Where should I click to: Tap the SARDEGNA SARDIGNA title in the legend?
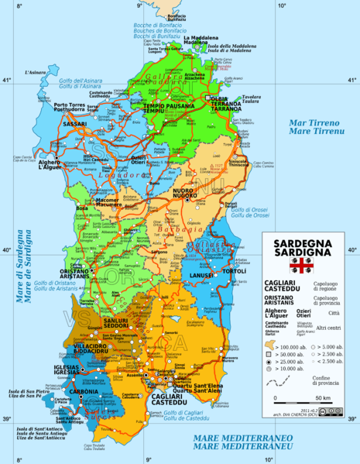pos(300,248)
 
